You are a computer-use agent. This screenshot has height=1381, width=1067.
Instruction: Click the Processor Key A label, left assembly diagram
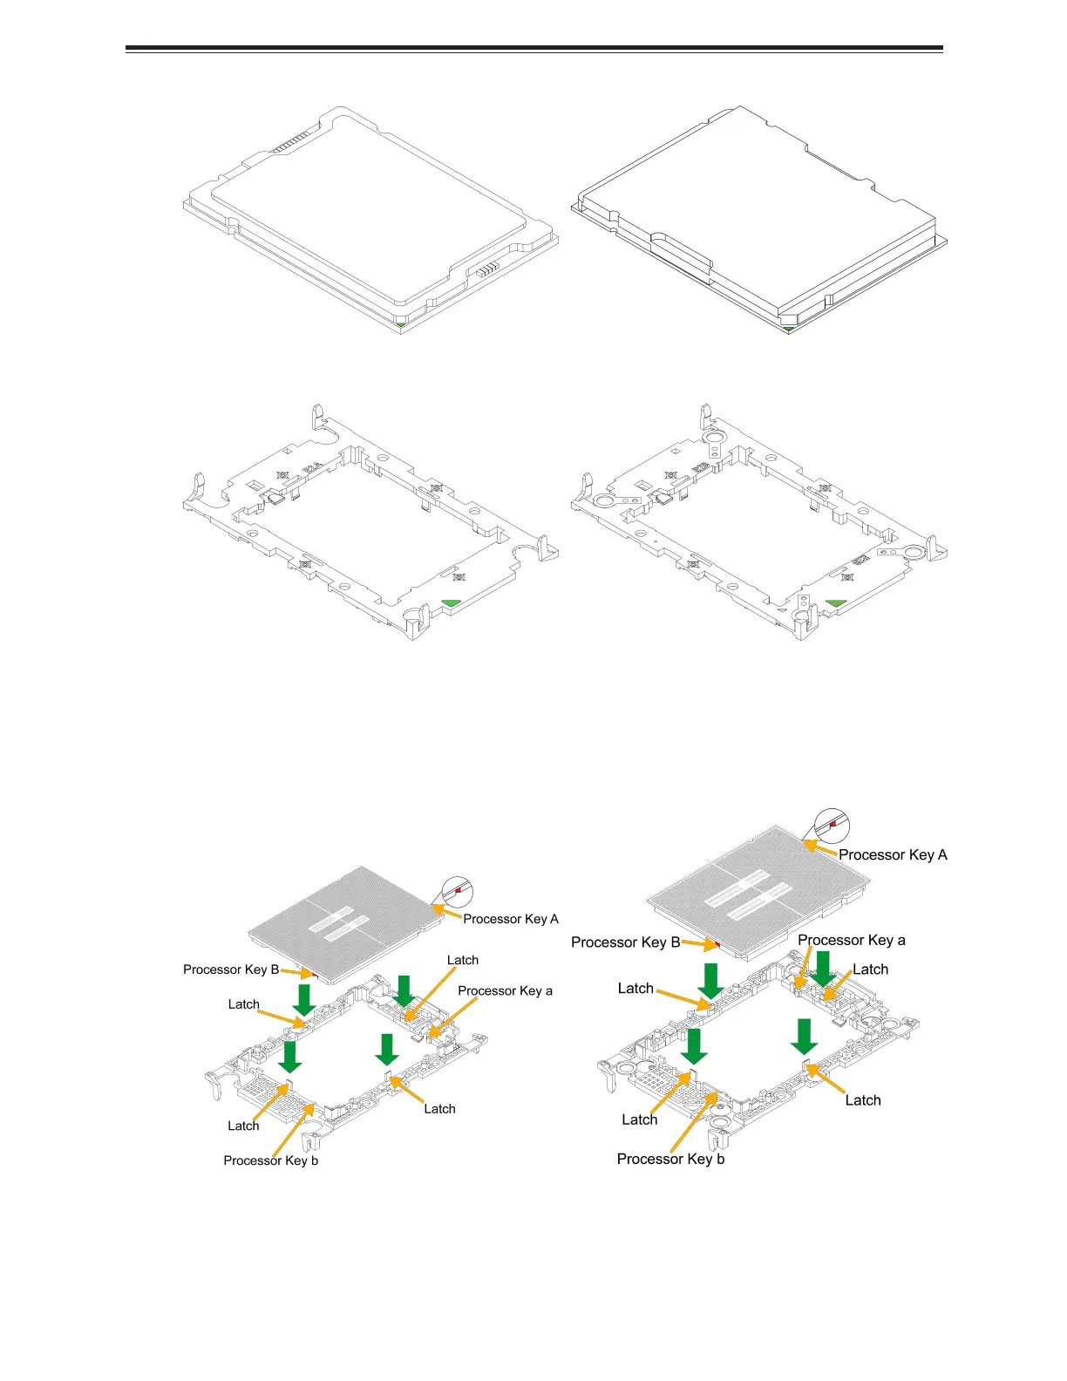coord(510,919)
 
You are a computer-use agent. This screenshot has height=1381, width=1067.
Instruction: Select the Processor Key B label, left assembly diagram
coord(231,969)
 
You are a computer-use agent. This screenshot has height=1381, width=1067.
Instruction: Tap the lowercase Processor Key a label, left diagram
coord(505,990)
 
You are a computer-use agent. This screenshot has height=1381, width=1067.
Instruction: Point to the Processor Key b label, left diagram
coord(270,1160)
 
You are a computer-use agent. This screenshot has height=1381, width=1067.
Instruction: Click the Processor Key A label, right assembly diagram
coord(893,854)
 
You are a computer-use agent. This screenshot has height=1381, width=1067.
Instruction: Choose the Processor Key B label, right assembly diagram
coord(625,942)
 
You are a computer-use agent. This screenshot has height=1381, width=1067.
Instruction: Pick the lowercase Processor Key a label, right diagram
coord(851,940)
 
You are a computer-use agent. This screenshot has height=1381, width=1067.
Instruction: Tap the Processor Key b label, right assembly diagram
coord(670,1159)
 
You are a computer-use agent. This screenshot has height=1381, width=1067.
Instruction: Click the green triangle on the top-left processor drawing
coord(399,325)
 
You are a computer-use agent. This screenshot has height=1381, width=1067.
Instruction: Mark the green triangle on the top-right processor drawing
coord(788,330)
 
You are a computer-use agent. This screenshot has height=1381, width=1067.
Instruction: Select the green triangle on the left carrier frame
coord(452,602)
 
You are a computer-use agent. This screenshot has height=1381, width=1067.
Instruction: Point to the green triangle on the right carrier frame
coord(836,602)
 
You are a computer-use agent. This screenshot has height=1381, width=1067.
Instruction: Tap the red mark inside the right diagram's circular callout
coord(833,823)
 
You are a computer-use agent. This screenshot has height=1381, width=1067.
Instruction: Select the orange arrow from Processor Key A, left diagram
coord(447,912)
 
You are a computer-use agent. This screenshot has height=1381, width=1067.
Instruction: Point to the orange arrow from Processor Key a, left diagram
coord(452,1017)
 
